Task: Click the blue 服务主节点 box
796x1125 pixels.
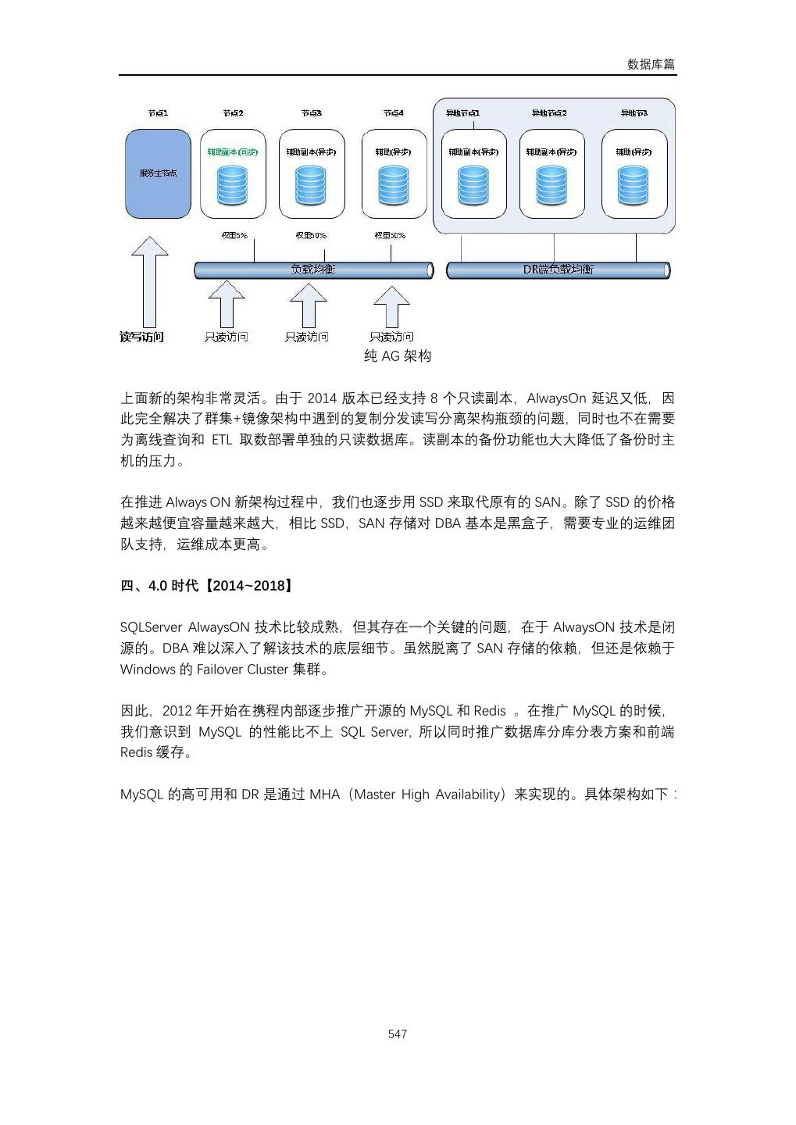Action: (x=158, y=173)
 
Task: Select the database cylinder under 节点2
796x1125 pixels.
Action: (x=233, y=186)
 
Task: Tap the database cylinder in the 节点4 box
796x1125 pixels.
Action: (x=393, y=186)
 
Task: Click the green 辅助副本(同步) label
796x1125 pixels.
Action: (x=233, y=152)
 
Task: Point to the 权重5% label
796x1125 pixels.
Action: (x=234, y=235)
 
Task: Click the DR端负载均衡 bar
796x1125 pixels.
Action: (x=558, y=270)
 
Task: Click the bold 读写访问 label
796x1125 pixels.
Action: (x=141, y=337)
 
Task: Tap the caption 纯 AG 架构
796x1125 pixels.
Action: (x=398, y=356)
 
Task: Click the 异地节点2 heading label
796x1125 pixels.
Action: (x=549, y=113)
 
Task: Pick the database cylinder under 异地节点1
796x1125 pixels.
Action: (x=473, y=186)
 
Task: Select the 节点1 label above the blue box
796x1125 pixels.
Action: (x=158, y=113)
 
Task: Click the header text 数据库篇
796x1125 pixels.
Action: (x=651, y=64)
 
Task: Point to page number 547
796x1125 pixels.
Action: (x=398, y=1034)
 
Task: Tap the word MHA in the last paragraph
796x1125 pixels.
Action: (x=325, y=795)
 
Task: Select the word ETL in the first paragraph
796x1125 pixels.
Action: (x=222, y=440)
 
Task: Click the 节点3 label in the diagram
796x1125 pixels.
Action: (x=311, y=113)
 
